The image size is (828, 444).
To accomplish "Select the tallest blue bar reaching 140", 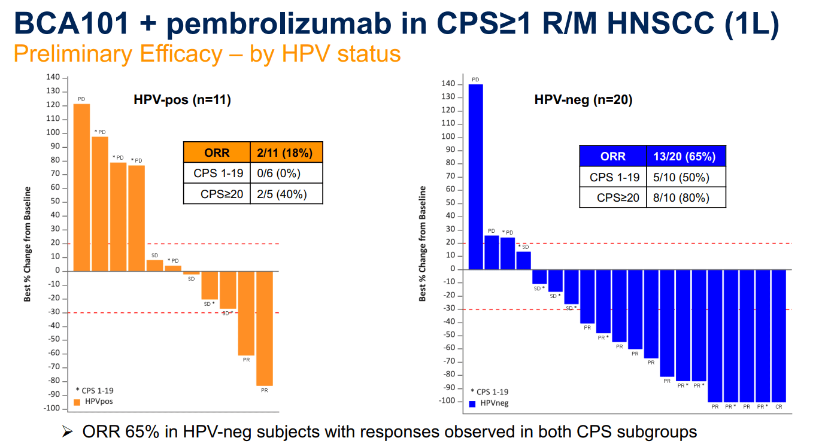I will (475, 177).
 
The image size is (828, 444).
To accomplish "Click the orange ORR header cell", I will (217, 153).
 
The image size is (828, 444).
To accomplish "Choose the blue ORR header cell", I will (612, 156).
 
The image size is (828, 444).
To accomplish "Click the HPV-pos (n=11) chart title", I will (182, 99).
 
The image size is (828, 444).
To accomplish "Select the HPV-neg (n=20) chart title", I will (583, 100).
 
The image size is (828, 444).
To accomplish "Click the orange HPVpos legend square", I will (77, 402).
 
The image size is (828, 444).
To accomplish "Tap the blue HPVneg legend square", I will (472, 403).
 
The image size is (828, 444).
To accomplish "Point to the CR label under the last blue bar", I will (778, 407).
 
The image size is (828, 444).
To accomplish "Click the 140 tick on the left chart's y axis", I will (53, 78).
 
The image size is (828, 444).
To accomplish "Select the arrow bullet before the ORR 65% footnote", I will (68, 431).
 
